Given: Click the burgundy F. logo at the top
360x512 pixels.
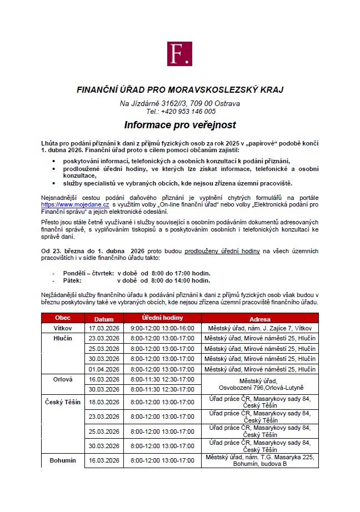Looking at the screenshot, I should pos(179,54).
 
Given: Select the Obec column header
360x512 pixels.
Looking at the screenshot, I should pos(63,318).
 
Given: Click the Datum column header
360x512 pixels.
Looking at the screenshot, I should pos(104,319).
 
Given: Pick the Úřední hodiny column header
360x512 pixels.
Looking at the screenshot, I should pos(162,318).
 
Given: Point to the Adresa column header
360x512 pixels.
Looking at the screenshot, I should pos(260,319).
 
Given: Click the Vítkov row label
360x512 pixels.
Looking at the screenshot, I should pos(63,328).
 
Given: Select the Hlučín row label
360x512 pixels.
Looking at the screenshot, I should pos(63,338).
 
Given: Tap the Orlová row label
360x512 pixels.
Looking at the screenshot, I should pos(63,379).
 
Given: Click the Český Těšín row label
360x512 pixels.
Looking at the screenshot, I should pos(63,401).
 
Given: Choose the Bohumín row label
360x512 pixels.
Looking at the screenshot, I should pos(63,460).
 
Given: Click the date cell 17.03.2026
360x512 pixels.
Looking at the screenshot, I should pos(104,328).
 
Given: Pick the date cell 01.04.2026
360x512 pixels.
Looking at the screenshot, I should pos(104,369).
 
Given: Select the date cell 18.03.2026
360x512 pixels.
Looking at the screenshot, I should pos(104,401).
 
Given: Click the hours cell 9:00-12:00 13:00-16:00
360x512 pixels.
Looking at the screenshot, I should pos(162,328).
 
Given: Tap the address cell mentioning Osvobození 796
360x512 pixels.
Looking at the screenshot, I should pos(260,384).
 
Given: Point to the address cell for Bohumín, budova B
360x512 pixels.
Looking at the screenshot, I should pos(260,460).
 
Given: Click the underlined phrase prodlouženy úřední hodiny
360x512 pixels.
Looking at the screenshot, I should pos(222,251).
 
